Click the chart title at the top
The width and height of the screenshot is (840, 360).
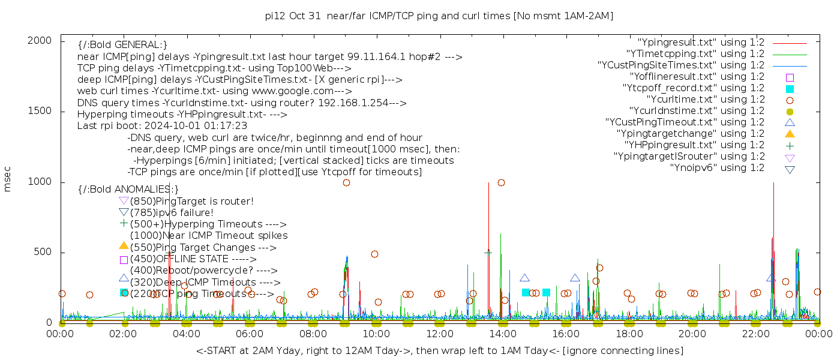(x=439, y=16)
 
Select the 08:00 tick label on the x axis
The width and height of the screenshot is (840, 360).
(x=313, y=334)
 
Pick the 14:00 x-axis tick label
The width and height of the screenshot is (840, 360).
(x=503, y=334)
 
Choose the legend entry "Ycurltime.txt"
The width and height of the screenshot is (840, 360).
(x=705, y=100)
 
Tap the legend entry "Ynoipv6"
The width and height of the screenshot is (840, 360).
(x=717, y=168)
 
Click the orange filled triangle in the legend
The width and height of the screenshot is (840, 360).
(x=790, y=134)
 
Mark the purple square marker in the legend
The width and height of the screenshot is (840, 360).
(x=790, y=77)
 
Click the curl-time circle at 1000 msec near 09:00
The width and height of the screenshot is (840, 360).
(x=346, y=182)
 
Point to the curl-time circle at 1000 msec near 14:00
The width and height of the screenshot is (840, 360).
(x=501, y=182)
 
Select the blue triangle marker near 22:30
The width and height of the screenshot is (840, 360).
(x=771, y=278)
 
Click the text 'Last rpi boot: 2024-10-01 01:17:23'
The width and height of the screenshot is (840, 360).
(x=162, y=126)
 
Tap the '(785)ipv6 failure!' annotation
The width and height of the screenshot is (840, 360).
(x=172, y=212)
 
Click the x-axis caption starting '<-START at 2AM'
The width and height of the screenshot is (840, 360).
(x=439, y=350)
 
